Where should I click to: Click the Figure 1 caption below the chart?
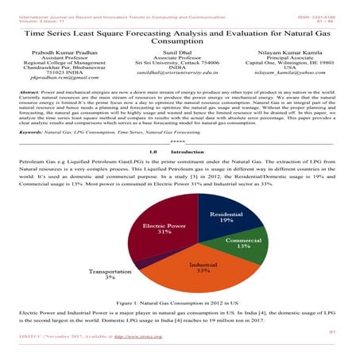pos(180,304)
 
